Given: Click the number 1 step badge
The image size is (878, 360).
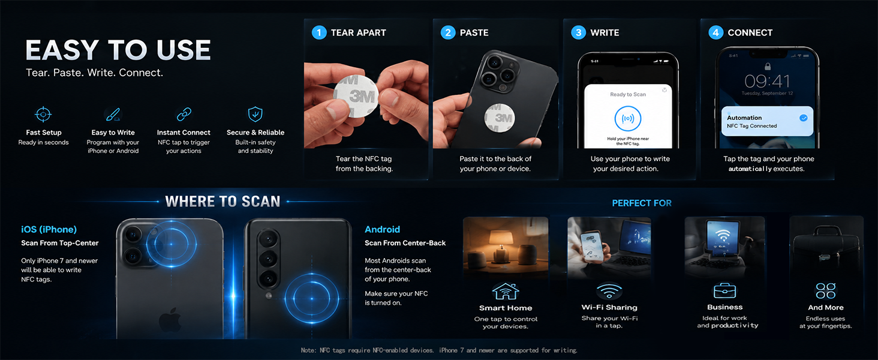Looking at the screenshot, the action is point(319,32).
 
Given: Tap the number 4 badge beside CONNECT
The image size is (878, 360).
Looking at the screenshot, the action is point(715,32).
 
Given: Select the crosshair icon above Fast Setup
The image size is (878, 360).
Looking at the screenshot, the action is point(43,115).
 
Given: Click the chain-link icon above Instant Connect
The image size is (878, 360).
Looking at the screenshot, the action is point(184,114).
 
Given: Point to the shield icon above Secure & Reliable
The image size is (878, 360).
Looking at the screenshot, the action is point(255,114).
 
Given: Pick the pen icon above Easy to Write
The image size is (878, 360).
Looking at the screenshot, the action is point(113,114).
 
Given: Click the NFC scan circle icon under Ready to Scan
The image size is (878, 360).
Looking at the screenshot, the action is point(628,118).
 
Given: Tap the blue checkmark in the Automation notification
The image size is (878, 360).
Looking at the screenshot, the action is point(804,118).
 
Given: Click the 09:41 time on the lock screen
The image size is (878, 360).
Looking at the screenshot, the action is point(767,82).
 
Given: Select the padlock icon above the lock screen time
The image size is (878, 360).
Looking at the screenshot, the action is point(768,66).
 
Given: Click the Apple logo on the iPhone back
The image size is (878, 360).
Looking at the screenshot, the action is point(170,320).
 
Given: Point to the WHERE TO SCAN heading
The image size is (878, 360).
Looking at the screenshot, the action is point(222,202).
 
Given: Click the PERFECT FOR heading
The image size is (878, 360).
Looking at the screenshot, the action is point(642,203).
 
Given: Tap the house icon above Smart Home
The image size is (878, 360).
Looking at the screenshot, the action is point(506,292).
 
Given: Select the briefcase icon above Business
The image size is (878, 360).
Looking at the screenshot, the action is point(724,290).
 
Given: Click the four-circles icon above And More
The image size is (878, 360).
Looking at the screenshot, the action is point(825,291).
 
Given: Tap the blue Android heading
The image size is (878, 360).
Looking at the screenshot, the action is point(382,229).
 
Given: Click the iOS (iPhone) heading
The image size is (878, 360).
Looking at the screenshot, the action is point(49,229).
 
